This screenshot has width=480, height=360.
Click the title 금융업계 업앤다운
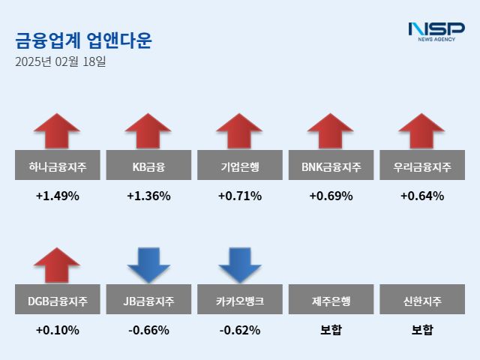tap(83, 40)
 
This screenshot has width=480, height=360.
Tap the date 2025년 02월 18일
tap(60, 61)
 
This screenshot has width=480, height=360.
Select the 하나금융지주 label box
tap(57, 166)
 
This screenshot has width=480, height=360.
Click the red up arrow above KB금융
tap(148, 131)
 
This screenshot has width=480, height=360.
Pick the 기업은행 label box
tap(240, 166)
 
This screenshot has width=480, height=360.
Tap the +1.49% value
tap(57, 196)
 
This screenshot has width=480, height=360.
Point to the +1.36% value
tap(148, 196)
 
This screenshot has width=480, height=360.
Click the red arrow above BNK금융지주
tap(331, 131)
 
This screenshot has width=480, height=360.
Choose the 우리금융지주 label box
tap(422, 166)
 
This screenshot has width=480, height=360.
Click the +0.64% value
tap(422, 196)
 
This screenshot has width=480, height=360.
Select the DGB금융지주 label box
tap(57, 301)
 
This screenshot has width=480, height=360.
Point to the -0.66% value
tap(148, 330)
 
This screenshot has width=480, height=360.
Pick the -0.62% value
tap(240, 330)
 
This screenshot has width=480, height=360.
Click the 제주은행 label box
tap(331, 301)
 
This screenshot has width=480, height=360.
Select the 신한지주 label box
tap(422, 301)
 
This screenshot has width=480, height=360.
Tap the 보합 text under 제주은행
tap(331, 330)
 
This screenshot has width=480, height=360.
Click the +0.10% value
tap(57, 330)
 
